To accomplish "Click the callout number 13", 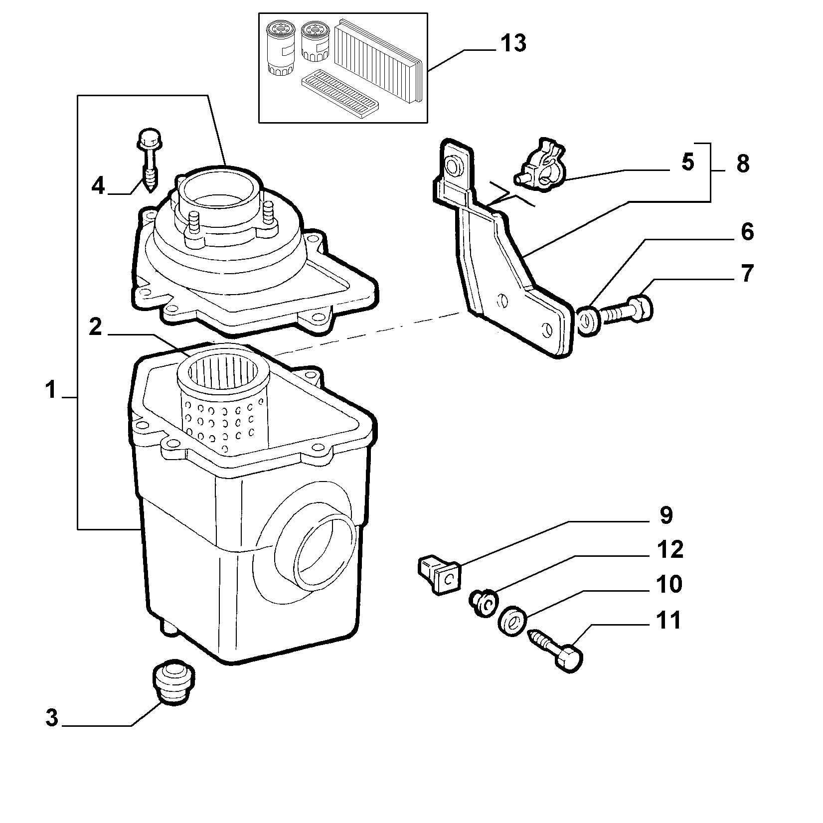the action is click(513, 43).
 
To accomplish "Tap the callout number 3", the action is click(52, 718).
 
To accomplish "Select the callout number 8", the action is click(742, 164).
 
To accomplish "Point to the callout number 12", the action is click(670, 550).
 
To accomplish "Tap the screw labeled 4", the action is click(148, 169).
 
